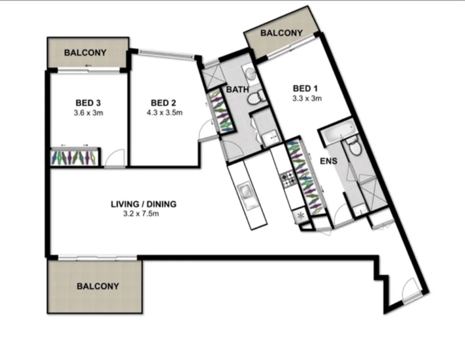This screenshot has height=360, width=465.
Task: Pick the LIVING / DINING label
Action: [x=143, y=204]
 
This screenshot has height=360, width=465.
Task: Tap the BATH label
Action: [x=237, y=90]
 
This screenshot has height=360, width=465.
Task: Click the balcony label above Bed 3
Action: [x=85, y=52]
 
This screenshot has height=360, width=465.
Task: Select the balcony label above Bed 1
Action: [x=281, y=34]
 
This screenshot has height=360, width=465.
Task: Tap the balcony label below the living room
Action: [x=98, y=286]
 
